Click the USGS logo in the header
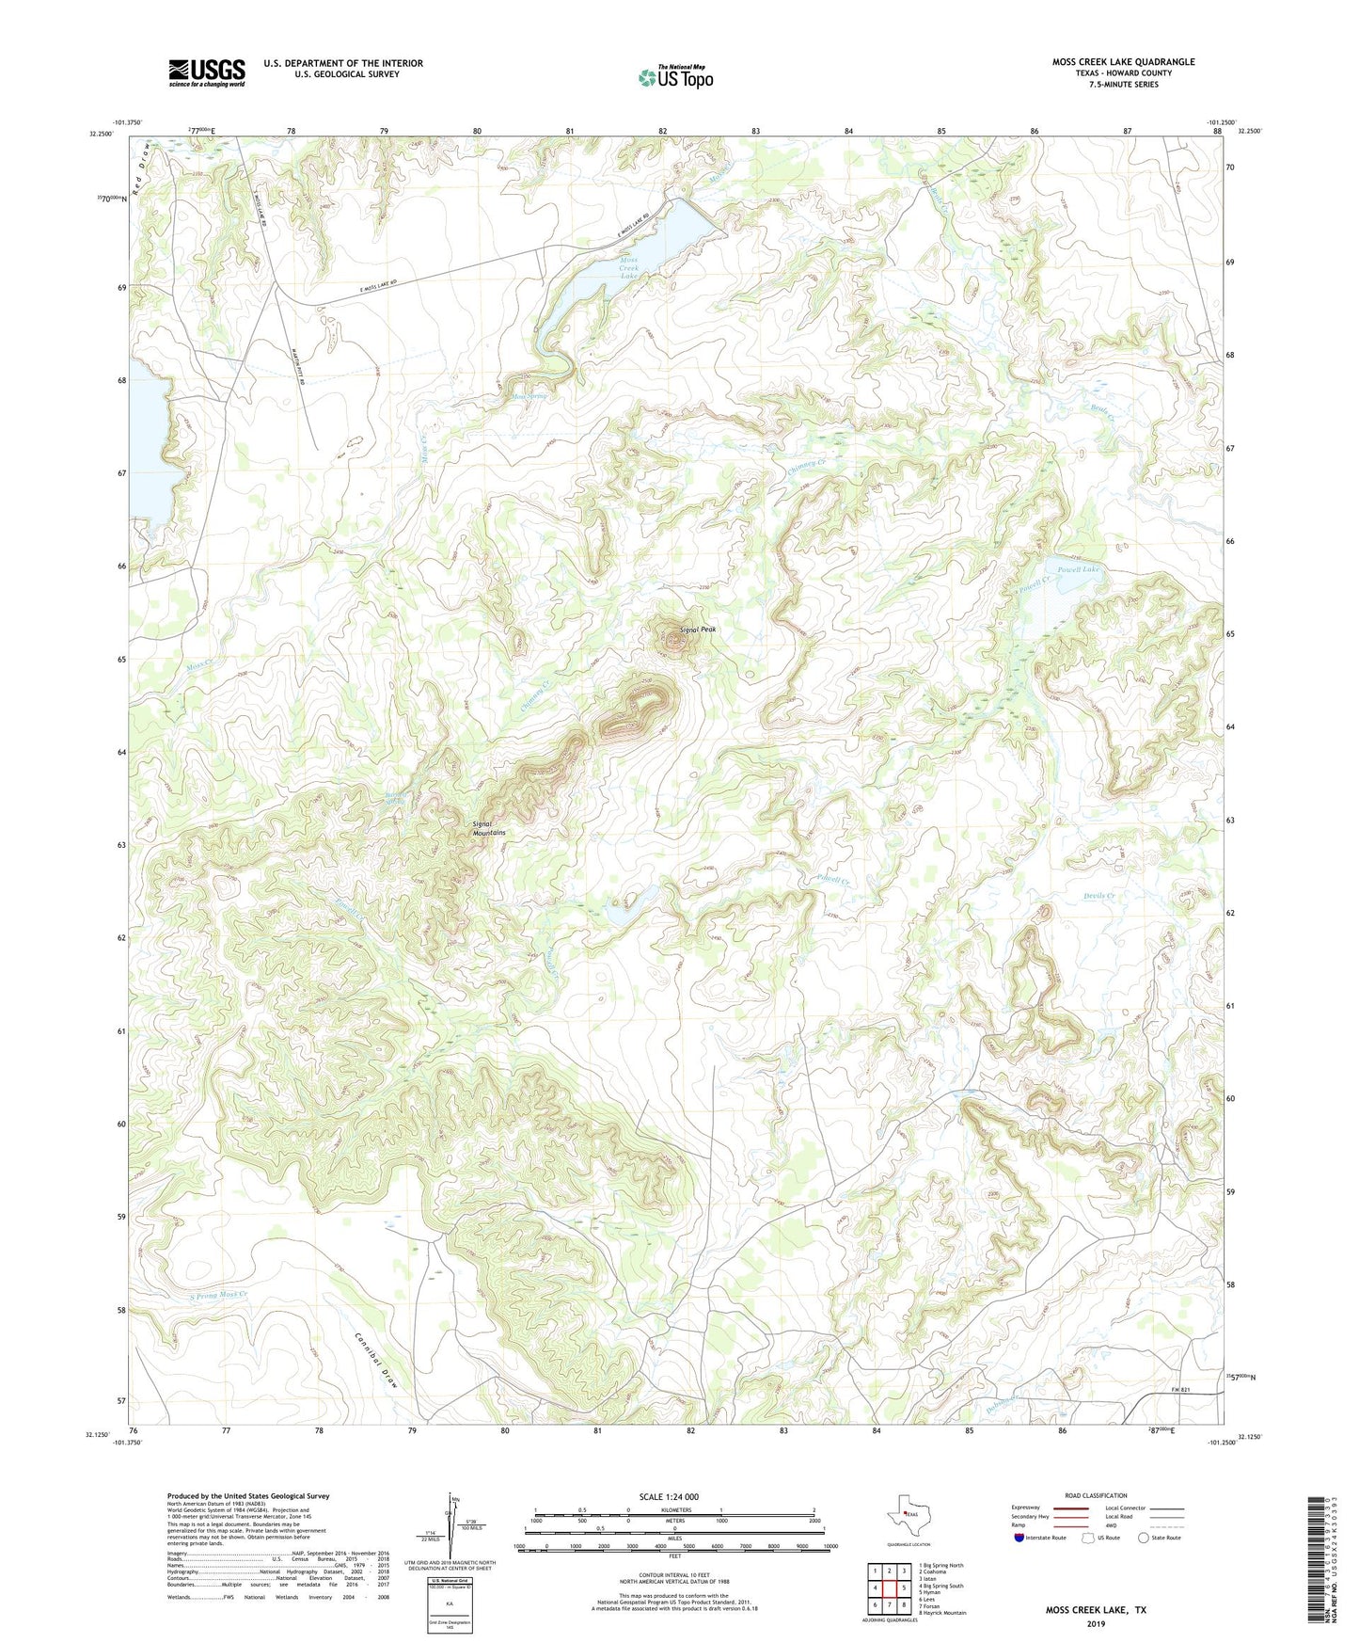click(207, 72)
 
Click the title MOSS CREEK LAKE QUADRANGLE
click(1123, 62)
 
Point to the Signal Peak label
click(699, 629)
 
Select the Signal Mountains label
click(489, 828)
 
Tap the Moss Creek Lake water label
click(628, 267)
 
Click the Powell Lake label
click(1077, 569)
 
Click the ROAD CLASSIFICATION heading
click(1096, 1495)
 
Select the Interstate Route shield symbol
click(1019, 1538)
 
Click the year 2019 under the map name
click(1095, 1622)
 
